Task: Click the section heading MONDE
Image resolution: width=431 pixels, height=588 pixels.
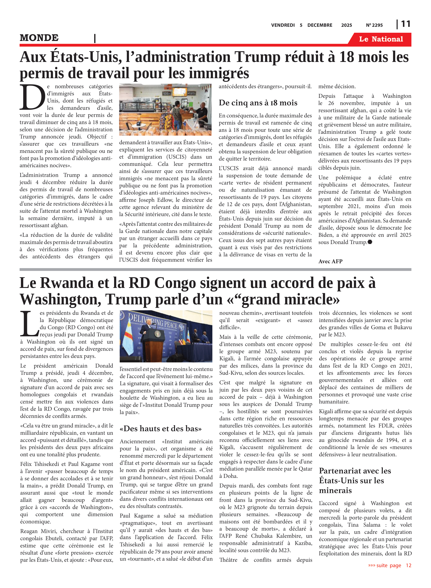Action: (39, 38)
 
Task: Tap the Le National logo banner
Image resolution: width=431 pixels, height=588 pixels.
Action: (381, 39)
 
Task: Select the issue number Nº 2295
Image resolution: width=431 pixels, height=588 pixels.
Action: (374, 25)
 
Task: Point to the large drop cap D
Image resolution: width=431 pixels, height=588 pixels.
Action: (32, 97)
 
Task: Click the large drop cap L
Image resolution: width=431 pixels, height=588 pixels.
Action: (29, 324)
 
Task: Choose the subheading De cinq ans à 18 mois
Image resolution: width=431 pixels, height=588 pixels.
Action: (258, 103)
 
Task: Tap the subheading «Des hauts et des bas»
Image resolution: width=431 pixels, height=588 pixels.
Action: (161, 428)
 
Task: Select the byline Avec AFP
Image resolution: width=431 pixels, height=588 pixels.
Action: (330, 261)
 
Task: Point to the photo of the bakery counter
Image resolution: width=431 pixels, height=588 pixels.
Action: (165, 110)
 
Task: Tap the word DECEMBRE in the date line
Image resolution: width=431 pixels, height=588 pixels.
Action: (320, 25)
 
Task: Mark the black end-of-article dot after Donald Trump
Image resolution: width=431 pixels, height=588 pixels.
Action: (370, 242)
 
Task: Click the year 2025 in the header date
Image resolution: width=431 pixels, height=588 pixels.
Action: (347, 25)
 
